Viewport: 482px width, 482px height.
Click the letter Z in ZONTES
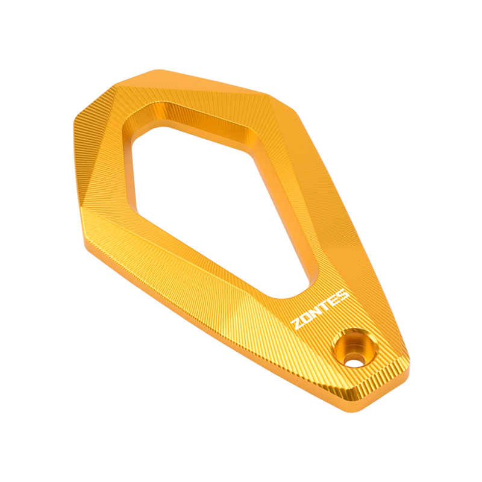(298, 324)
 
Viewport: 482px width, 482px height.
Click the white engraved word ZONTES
(320, 309)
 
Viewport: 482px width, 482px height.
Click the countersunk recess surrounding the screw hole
(354, 346)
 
